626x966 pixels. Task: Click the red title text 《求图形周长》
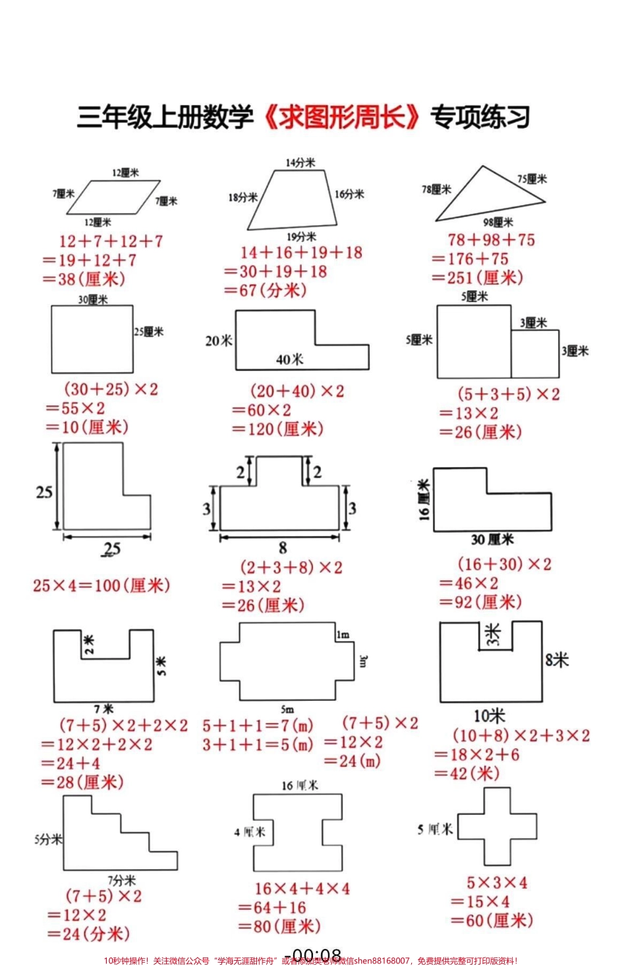pos(342,118)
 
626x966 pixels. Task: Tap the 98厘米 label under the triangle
pos(498,222)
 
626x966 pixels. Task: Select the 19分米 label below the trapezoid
pos(301,237)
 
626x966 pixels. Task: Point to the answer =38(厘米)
pos(84,279)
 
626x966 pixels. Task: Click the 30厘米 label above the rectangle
pos(93,299)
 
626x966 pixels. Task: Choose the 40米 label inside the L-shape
pos(290,359)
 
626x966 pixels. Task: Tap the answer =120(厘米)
pos(277,429)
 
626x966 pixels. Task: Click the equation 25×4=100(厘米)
pos(101,586)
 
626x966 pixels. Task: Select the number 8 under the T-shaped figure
pos(283,547)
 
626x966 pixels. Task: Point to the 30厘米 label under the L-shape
pos(492,539)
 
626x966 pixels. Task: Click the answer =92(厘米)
pos(481,602)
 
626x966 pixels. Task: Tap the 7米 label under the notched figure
pos(103,709)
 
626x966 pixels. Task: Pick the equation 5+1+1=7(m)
pos(258,726)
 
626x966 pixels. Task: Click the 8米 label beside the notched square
pos(557,659)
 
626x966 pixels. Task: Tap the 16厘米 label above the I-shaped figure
pos(300,785)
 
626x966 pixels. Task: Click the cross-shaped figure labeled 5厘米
pos(497,827)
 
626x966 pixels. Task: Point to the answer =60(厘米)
pos(492,921)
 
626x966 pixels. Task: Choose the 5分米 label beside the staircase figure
pos(48,839)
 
